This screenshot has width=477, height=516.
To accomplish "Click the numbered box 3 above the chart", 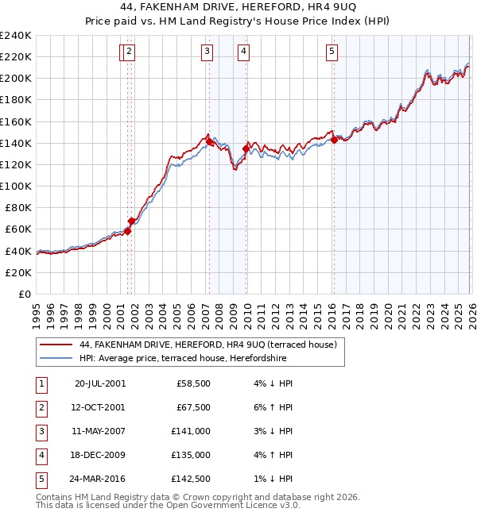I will [x=207, y=52].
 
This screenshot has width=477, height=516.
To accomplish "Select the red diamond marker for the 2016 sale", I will [x=334, y=140].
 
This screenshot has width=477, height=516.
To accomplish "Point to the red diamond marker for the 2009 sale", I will [x=246, y=148].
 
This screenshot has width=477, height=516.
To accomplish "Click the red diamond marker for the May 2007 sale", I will [x=209, y=141].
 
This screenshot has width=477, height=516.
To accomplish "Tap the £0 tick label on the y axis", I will [x=24, y=294].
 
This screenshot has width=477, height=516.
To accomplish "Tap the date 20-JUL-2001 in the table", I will [x=99, y=383].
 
